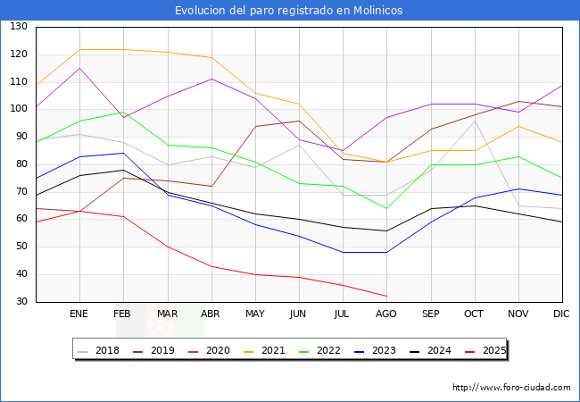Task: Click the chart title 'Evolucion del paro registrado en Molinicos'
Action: (x=289, y=10)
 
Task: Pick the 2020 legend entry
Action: (x=212, y=350)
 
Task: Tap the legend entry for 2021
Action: (x=268, y=350)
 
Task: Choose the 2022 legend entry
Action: (x=322, y=350)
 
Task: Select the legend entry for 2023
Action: (x=377, y=350)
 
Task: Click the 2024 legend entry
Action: (x=432, y=350)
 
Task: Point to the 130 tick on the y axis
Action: (x=19, y=27)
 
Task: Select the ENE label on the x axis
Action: (x=79, y=314)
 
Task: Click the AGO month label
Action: (x=386, y=314)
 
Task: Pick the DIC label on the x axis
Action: (x=561, y=314)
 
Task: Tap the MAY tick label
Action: (x=255, y=314)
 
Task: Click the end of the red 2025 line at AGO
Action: (x=386, y=296)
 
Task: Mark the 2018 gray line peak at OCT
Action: (x=474, y=121)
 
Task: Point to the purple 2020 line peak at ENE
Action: (x=79, y=68)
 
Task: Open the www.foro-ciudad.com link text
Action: (x=511, y=388)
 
